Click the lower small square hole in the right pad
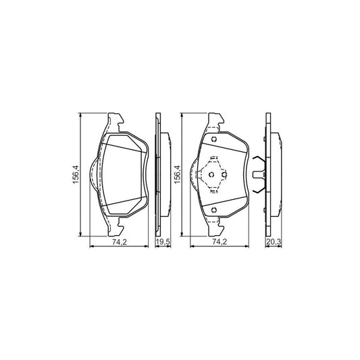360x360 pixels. (213, 209)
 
